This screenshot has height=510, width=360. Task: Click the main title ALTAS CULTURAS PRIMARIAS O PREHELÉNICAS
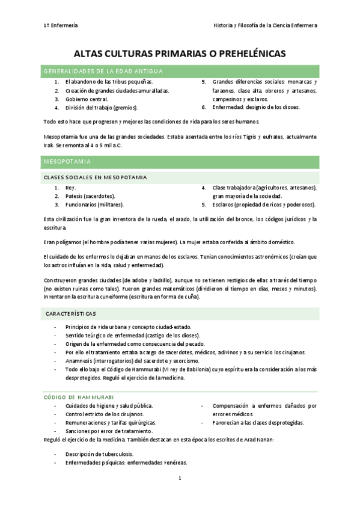click(180, 55)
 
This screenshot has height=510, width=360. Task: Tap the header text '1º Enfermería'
click(61, 25)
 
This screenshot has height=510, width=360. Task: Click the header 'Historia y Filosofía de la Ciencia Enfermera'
click(265, 25)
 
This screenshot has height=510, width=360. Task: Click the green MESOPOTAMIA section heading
click(67, 162)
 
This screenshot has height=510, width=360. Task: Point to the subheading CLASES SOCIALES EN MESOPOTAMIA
click(95, 177)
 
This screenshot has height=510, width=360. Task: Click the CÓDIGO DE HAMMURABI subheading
click(79, 397)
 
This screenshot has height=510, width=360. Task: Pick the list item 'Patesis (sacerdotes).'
click(90, 196)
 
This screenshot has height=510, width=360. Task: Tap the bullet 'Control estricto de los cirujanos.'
click(105, 414)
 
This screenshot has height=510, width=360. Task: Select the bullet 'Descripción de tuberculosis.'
click(99, 454)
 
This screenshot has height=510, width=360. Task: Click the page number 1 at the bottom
click(180, 478)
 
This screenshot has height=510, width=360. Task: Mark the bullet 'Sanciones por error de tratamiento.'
click(109, 431)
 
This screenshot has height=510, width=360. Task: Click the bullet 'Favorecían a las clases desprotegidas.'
click(258, 423)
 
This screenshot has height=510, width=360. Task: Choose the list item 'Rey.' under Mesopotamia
click(71, 188)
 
